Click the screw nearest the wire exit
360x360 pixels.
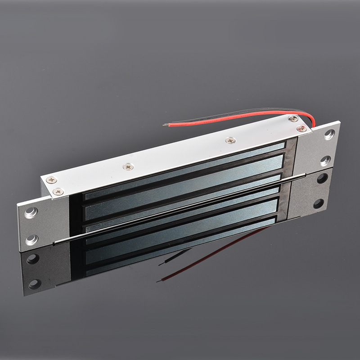[293, 118]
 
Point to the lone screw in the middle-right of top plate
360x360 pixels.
[231, 140]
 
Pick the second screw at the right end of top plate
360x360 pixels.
[302, 129]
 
